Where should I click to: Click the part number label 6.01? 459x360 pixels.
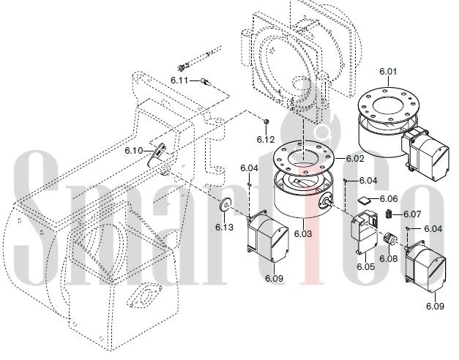pos(388,72)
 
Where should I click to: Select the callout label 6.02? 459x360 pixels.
pos(355,159)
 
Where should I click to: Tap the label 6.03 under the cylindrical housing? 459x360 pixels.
pos(303,234)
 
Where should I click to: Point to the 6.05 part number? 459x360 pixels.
pos(365,266)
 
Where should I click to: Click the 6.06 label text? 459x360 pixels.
pos(389,199)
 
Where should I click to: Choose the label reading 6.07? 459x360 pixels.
pos(412,214)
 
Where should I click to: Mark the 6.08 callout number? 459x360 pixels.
pos(389,259)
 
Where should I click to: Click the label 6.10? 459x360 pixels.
pos(134,151)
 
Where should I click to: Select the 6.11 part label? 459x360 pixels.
pos(180,80)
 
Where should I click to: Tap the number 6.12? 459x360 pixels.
pos(266,139)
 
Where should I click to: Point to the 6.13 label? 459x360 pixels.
pos(225,227)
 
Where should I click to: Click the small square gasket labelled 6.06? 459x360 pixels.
pos(365,200)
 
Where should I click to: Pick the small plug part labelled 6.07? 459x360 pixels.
pos(389,214)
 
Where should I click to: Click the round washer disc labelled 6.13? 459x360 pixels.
pos(225,203)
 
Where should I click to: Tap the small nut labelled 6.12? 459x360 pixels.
pos(266,121)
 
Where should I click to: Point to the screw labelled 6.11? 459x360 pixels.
pos(206,82)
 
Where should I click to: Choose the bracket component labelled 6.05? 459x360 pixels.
pos(365,232)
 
